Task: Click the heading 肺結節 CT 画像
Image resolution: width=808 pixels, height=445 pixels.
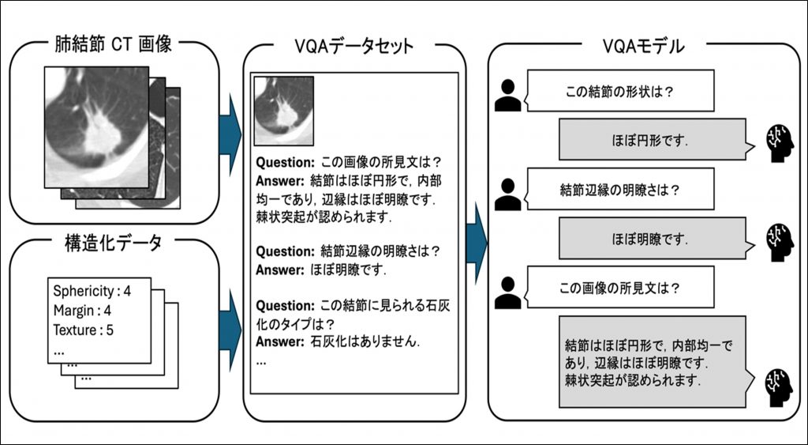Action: click(114, 44)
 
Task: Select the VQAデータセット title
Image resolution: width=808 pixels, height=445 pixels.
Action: click(353, 45)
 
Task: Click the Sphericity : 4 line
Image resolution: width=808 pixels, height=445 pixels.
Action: click(92, 291)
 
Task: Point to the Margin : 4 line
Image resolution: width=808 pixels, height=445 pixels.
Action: click(82, 311)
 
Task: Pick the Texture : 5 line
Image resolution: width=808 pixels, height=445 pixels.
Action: click(84, 330)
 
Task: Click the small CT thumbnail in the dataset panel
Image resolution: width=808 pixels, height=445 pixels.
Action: click(283, 105)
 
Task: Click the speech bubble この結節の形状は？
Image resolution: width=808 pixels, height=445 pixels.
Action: click(620, 92)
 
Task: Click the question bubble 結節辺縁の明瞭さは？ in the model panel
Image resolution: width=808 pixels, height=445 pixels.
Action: click(620, 190)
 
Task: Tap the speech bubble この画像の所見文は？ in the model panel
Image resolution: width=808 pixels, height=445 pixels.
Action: click(620, 288)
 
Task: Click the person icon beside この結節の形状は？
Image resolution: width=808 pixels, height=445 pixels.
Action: click(507, 93)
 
